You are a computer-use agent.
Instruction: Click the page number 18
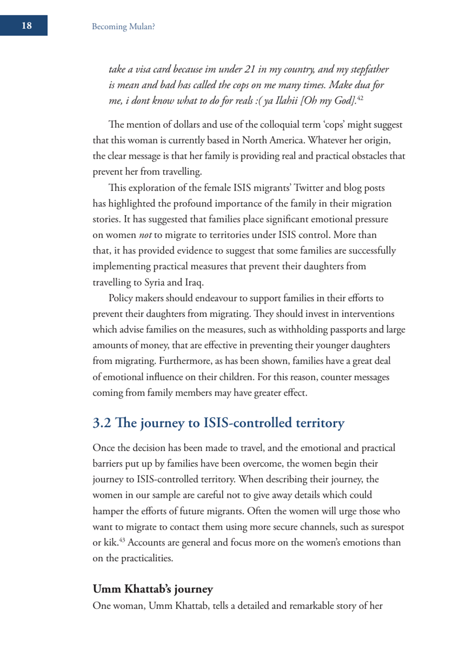(x=26, y=26)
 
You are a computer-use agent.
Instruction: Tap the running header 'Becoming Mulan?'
(x=123, y=27)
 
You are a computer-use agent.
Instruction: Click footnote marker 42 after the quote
(x=360, y=98)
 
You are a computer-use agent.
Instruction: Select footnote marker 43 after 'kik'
(x=122, y=540)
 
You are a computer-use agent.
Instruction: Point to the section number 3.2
(x=102, y=423)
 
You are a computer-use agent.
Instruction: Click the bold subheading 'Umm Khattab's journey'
(x=152, y=589)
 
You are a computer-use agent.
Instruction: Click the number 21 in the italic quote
(x=249, y=69)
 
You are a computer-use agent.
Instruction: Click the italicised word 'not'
(x=145, y=235)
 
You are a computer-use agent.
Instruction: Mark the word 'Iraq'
(x=194, y=282)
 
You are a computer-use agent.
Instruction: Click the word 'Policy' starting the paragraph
(x=121, y=298)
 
